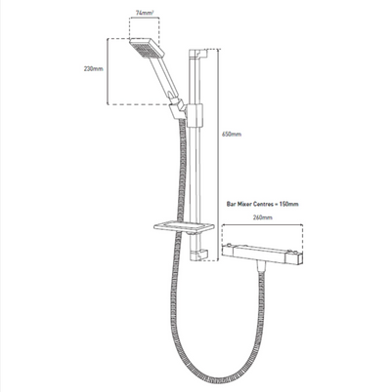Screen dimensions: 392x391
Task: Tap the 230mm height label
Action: pyautogui.click(x=91, y=71)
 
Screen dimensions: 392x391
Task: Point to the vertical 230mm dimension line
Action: pyautogui.click(x=105, y=71)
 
